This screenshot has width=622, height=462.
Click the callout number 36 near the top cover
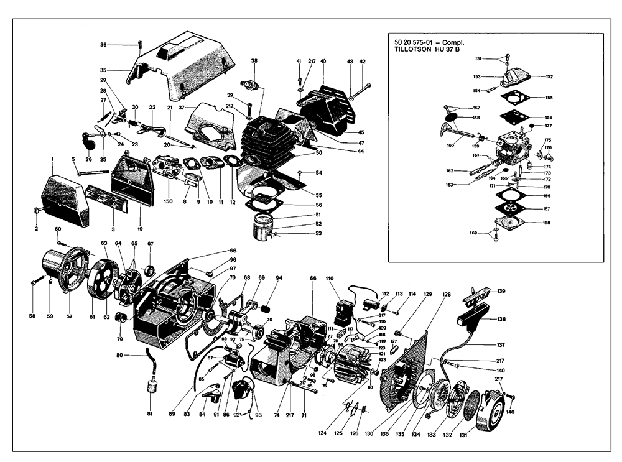104,44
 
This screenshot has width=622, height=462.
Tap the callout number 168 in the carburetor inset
547,223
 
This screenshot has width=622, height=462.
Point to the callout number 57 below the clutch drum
70,316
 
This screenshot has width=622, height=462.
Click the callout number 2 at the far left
35,229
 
